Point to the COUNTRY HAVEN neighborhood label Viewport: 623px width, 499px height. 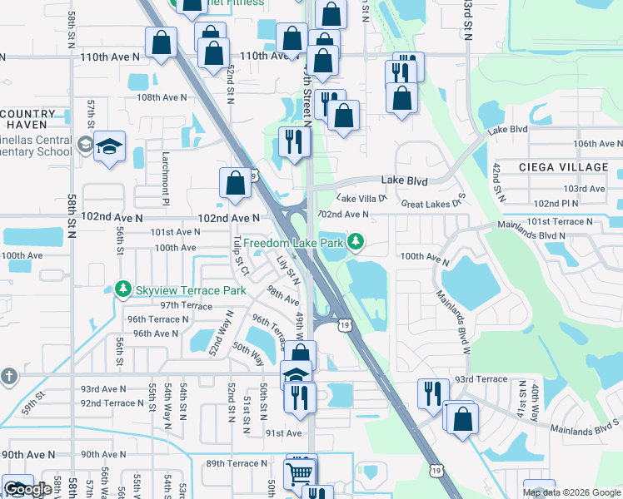tap(28, 119)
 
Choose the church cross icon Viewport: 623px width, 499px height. tap(8, 376)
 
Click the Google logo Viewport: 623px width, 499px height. tap(27, 489)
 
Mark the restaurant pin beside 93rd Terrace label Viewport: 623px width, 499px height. tap(431, 393)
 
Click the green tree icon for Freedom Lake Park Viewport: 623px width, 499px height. tap(356, 242)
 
